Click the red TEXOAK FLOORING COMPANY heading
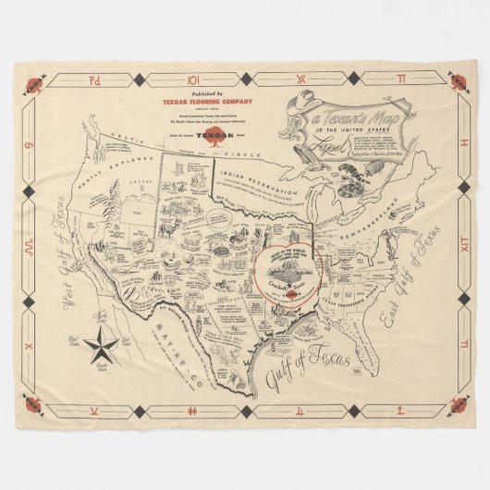coord(201,101)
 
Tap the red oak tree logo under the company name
coord(202,137)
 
